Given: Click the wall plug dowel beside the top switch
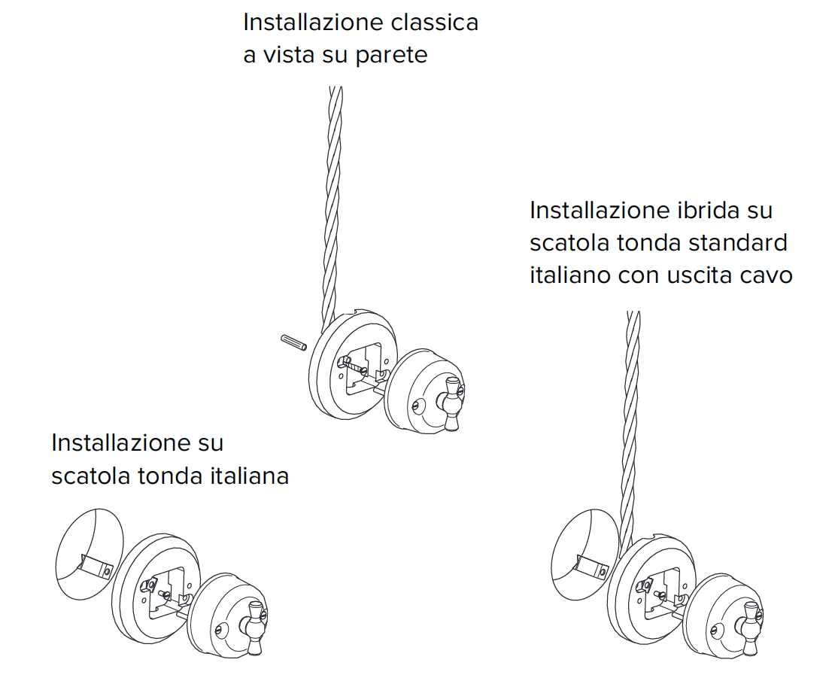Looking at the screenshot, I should pyautogui.click(x=291, y=341).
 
